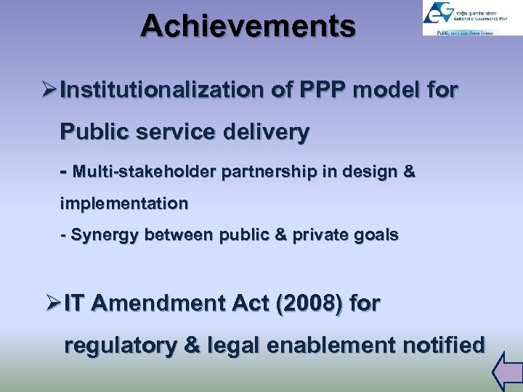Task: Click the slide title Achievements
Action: (248, 26)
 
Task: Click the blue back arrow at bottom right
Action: (506, 371)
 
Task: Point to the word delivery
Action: (268, 133)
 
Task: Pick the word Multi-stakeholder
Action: (145, 173)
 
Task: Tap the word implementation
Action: (123, 204)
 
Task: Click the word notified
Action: (440, 346)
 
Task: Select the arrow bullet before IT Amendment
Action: (52, 303)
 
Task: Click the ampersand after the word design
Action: (408, 173)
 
